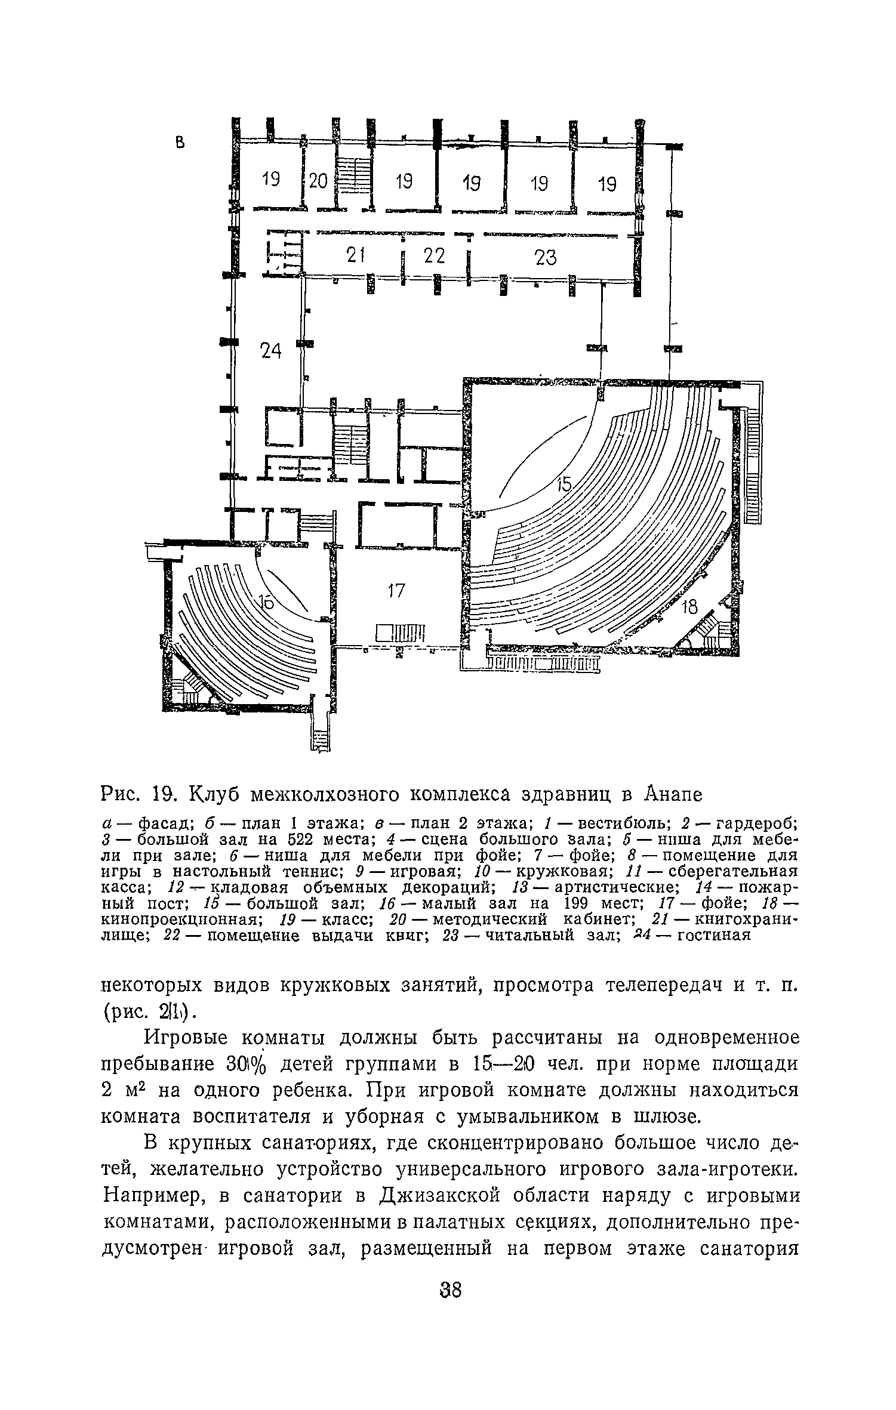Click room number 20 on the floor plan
pyautogui.click(x=319, y=180)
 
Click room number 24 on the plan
pyautogui.click(x=271, y=352)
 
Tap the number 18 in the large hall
pyautogui.click(x=689, y=607)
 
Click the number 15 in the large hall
pyautogui.click(x=564, y=486)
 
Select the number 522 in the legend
pyautogui.click(x=322, y=840)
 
